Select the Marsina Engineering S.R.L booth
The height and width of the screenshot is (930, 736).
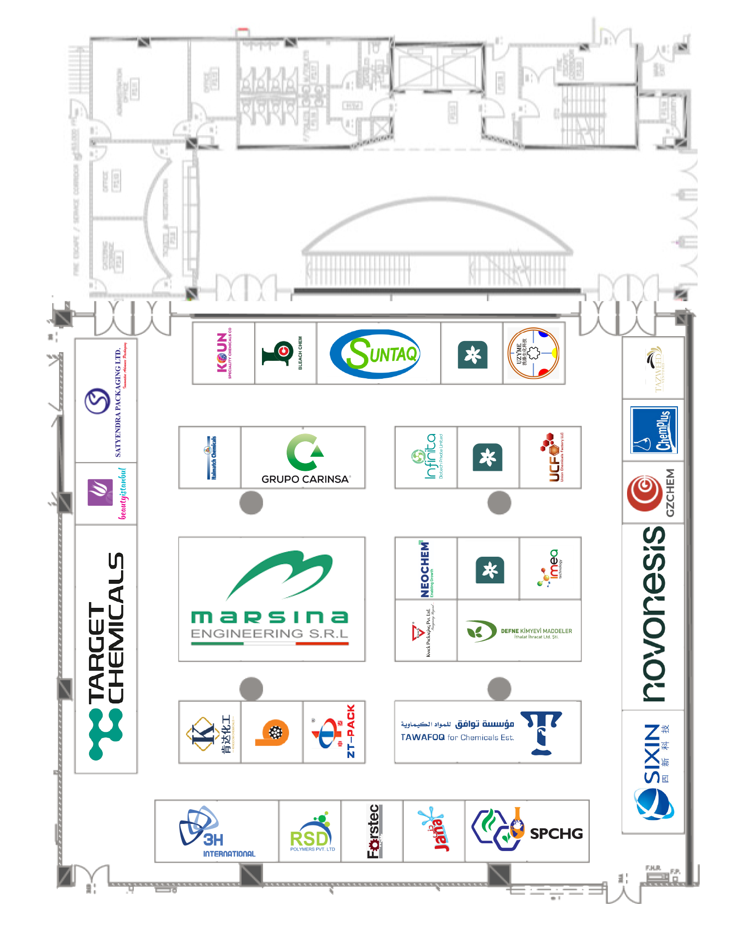coord(271,599)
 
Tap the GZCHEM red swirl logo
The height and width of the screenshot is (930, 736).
coord(644,493)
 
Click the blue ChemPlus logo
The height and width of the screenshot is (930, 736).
coord(653,430)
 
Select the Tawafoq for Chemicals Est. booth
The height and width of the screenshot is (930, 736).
coord(488,732)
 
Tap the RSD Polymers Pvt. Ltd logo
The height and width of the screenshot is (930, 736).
coord(310,831)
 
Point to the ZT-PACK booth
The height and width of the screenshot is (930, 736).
coord(334,732)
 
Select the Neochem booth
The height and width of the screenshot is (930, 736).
coord(426,568)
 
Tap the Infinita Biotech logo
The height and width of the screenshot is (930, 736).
coord(426,457)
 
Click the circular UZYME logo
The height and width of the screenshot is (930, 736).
coord(533,353)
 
